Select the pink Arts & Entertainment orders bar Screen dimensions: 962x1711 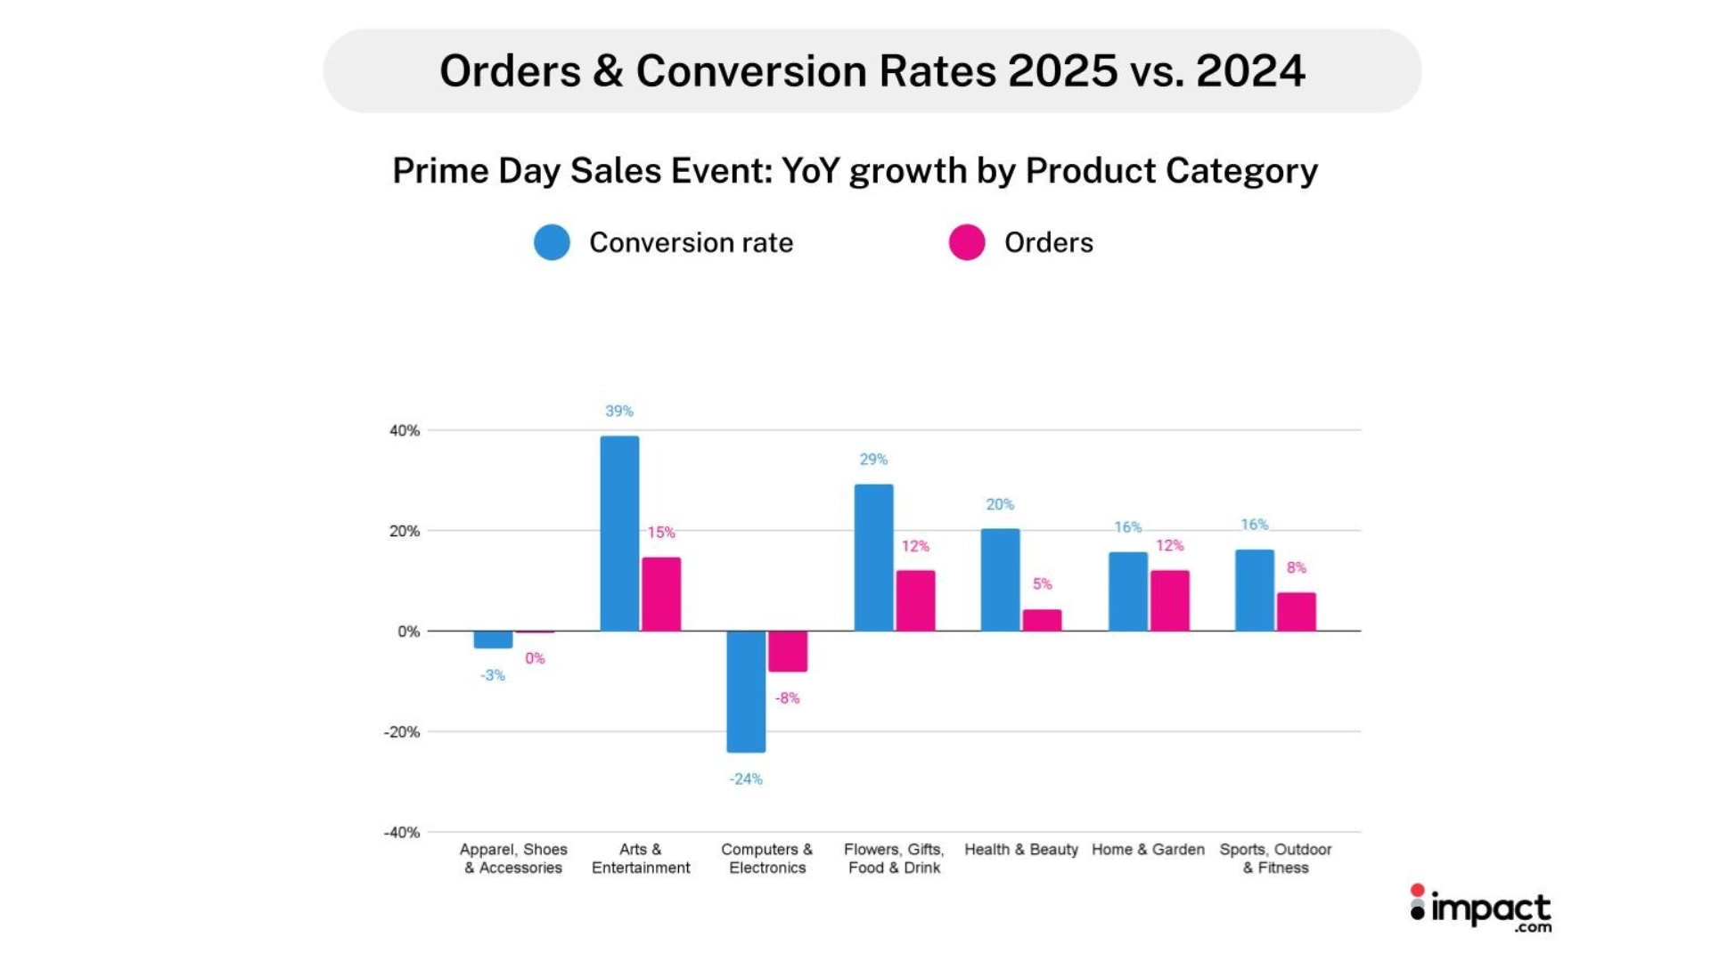point(661,594)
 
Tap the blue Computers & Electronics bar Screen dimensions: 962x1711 point(746,691)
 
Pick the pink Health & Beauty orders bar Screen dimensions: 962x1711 point(1042,620)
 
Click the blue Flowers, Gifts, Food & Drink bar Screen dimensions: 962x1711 point(873,558)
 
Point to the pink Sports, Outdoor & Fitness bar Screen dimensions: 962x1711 point(1296,612)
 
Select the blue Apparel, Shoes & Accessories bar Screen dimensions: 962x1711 point(493,640)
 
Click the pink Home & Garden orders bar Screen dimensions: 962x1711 point(1169,600)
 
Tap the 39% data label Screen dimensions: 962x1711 point(619,411)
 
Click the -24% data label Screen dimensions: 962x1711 point(746,779)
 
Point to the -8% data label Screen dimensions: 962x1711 point(787,698)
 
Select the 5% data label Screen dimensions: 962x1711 point(1042,584)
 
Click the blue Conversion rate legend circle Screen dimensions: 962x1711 point(552,242)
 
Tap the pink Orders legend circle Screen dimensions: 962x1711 point(967,242)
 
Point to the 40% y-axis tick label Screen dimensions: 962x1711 point(405,430)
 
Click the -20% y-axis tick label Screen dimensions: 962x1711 point(402,732)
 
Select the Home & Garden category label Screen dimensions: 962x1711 point(1148,850)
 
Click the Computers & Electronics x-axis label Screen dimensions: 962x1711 point(767,859)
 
